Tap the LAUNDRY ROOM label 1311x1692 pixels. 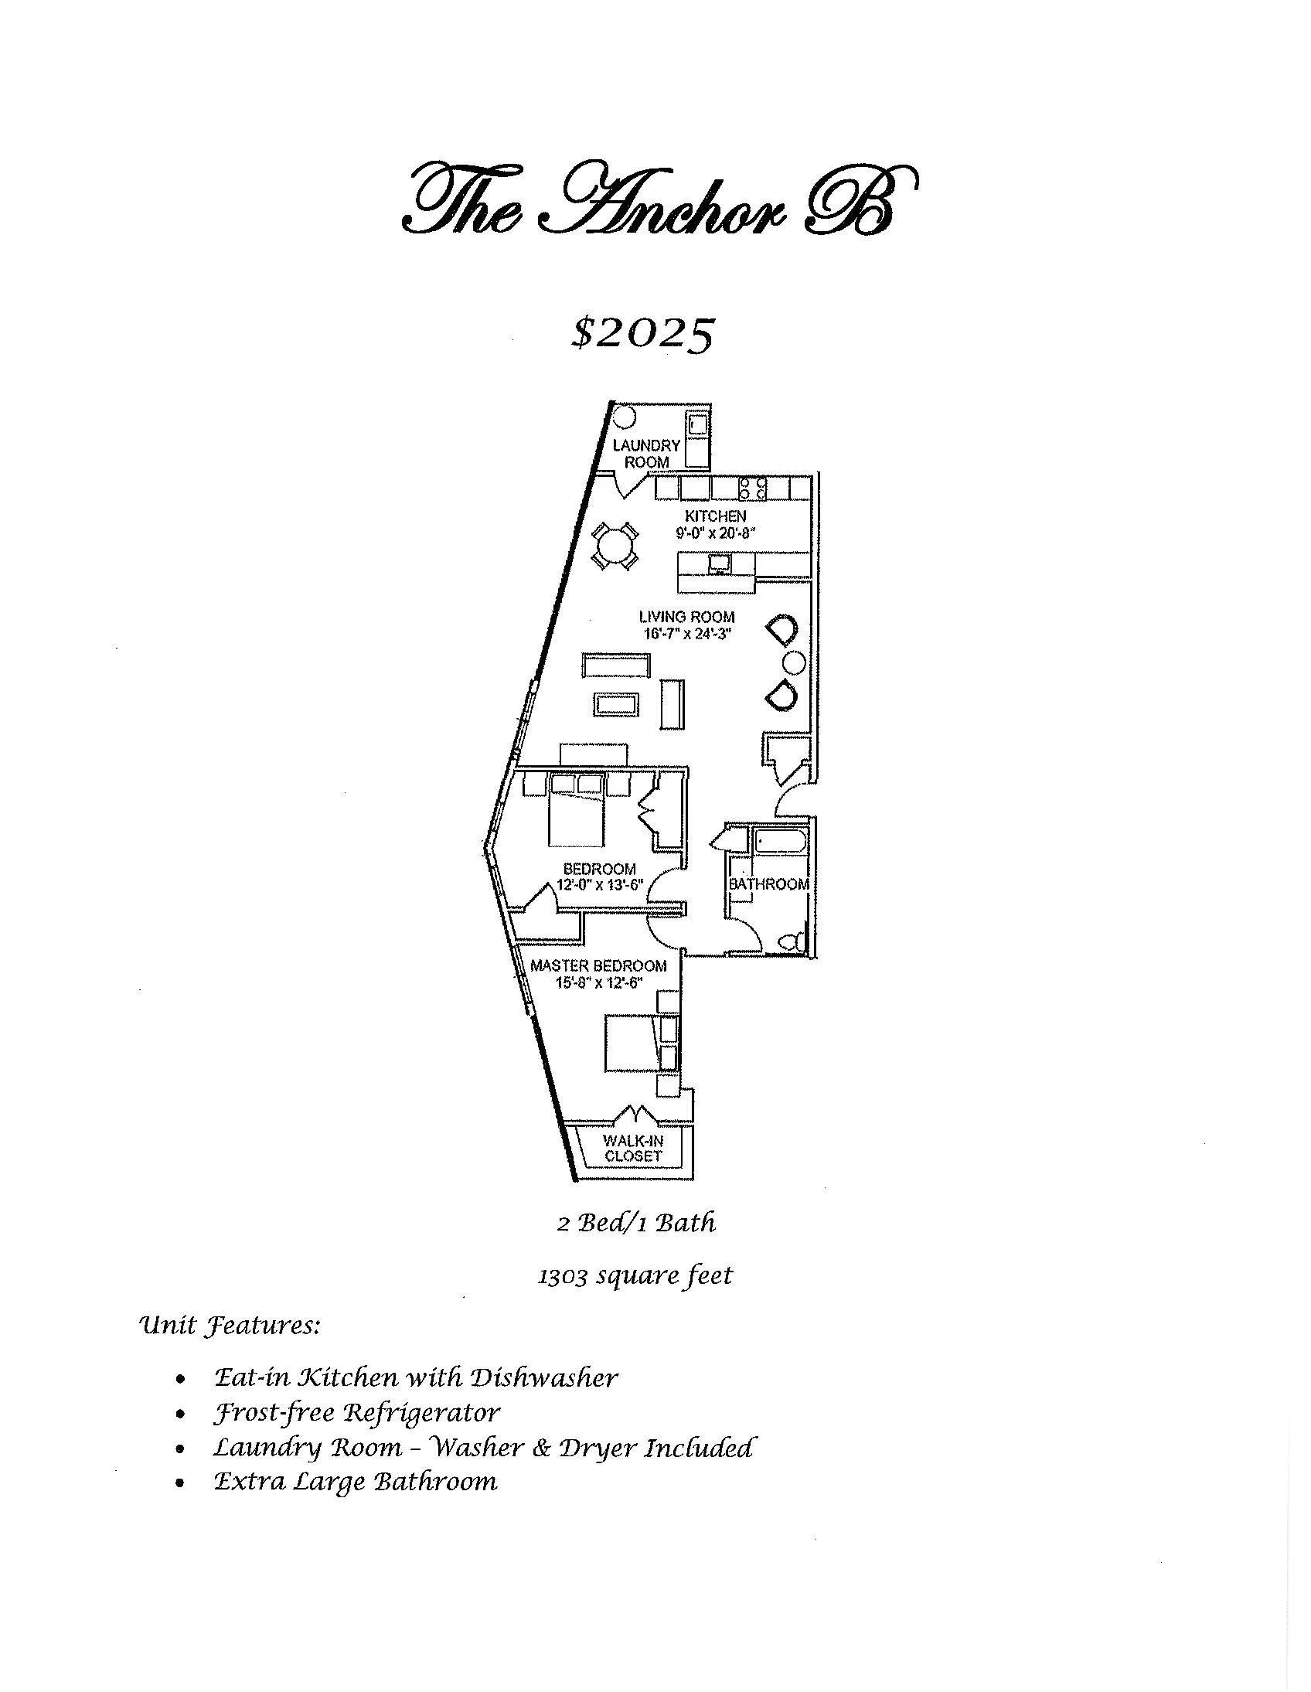646,453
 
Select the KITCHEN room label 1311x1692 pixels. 715,516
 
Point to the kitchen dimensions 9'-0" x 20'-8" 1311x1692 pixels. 715,533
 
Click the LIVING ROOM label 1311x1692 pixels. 686,618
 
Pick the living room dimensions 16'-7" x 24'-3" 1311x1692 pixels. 686,634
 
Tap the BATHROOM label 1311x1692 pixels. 768,884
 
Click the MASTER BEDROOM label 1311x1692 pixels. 598,966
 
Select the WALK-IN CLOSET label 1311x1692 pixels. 633,1149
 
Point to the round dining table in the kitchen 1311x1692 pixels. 615,546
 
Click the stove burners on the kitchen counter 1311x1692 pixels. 752,488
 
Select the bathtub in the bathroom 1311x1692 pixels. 780,841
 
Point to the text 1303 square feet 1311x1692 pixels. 635,1275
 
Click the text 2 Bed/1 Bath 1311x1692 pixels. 636,1224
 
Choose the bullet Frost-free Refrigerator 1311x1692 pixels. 356,1413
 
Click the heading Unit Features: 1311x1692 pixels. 229,1326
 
